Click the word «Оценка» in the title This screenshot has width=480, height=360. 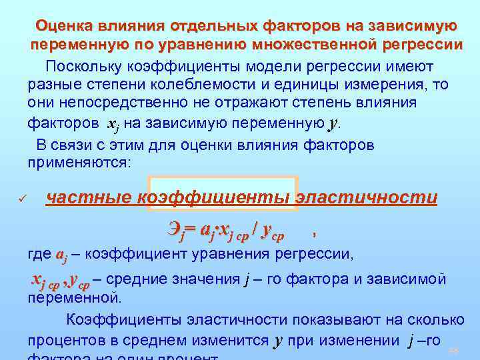pyautogui.click(x=65, y=26)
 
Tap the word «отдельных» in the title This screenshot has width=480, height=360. pyautogui.click(x=206, y=26)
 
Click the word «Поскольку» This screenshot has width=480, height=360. pyautogui.click(x=86, y=67)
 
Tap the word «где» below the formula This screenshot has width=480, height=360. pyautogui.click(x=39, y=254)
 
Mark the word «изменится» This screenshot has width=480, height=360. pyautogui.click(x=234, y=341)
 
